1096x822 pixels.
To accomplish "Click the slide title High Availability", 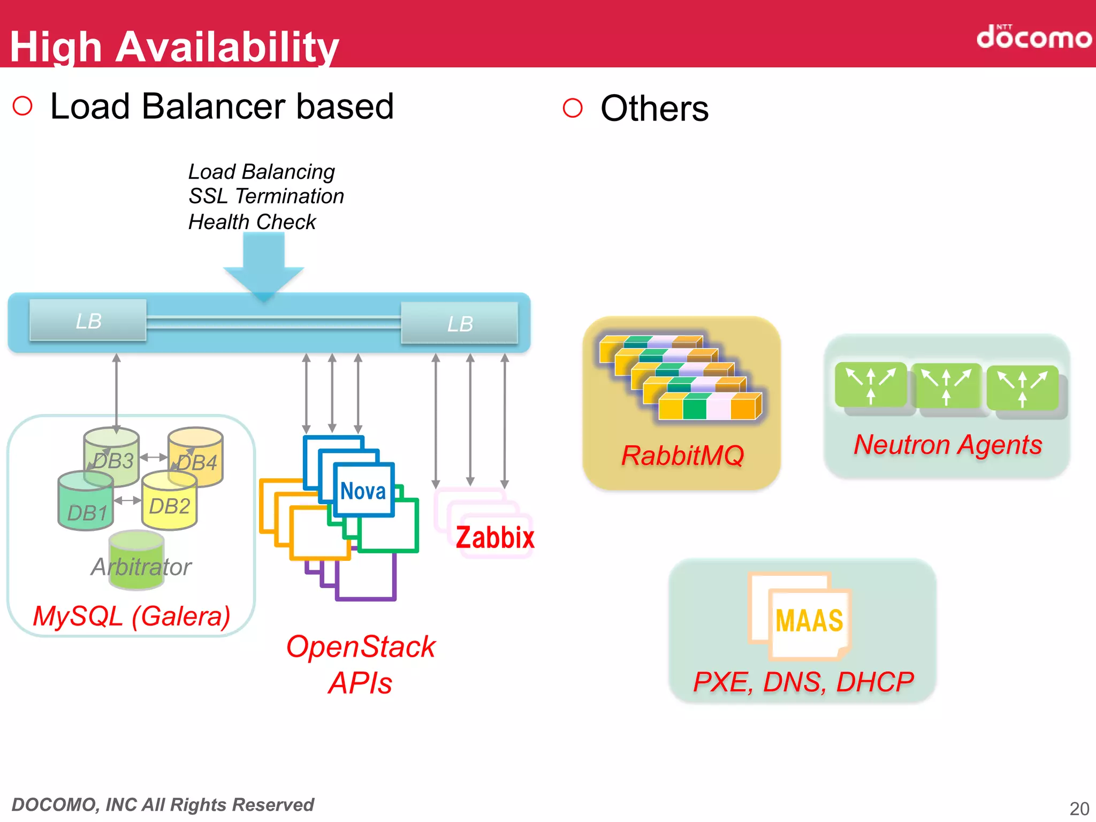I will (174, 47).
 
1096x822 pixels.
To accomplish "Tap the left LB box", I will (88, 321).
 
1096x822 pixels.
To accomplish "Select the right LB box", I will (460, 323).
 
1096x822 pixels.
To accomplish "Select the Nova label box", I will (364, 490).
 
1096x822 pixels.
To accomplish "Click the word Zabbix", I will (495, 537).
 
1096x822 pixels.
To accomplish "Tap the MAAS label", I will (809, 621).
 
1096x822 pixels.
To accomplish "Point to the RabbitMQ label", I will (682, 456).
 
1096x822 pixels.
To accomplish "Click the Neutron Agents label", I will (948, 445).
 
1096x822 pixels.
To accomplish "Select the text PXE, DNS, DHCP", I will (803, 682).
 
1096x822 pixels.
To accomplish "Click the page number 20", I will (1079, 808).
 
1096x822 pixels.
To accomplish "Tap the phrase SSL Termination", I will (266, 196).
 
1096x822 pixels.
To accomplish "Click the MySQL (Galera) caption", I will (132, 616).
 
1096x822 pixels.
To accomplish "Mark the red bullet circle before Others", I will (573, 108).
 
